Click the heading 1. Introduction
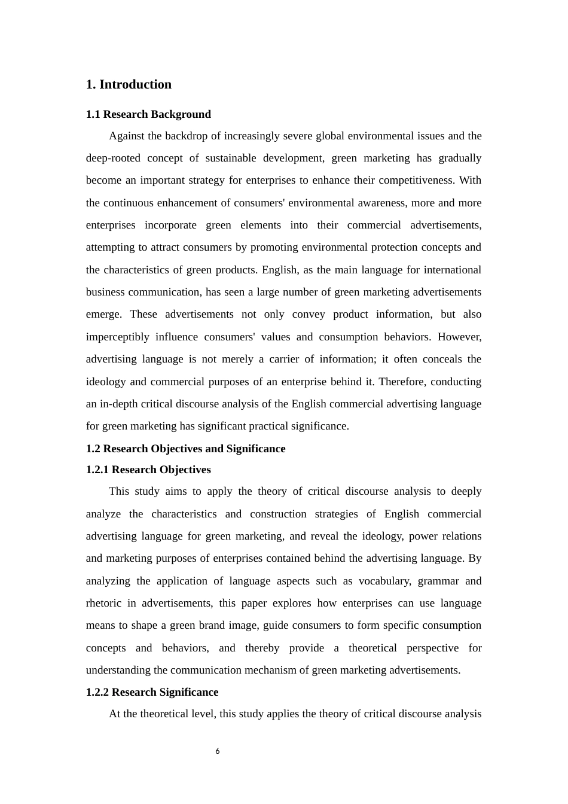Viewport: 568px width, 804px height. point(129,84)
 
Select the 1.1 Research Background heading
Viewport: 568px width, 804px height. point(148,114)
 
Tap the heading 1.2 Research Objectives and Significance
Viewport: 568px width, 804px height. point(185,449)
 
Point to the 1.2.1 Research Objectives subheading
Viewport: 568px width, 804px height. point(148,470)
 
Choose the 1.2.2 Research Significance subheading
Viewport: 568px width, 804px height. point(152,692)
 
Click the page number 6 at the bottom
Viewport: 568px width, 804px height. point(218,751)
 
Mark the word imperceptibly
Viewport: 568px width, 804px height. point(117,337)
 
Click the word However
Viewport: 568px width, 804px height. point(459,337)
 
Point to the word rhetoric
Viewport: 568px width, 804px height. point(103,603)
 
